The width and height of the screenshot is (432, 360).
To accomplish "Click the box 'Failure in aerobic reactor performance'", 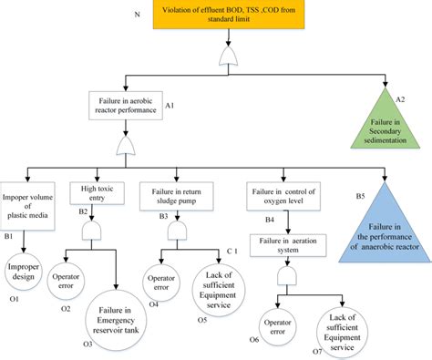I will click(125, 106).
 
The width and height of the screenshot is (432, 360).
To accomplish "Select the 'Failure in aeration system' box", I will click(289, 245).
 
